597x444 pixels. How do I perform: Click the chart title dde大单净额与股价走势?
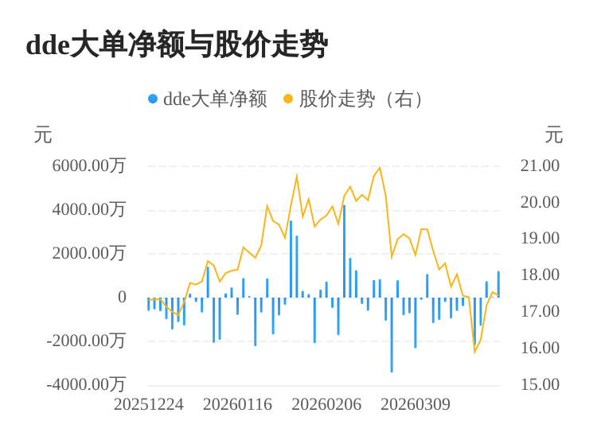(177, 45)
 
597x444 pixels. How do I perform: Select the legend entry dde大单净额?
(215, 99)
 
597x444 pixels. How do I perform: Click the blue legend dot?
(153, 99)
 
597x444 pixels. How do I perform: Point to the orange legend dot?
(288, 99)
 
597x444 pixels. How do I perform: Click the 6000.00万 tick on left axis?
(89, 166)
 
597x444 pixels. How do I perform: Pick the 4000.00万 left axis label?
(89, 210)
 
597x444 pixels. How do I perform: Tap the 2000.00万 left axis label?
(89, 254)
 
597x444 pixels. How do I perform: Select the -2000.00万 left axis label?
(86, 341)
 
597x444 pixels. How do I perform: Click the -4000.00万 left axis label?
(86, 385)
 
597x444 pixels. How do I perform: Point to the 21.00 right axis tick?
(540, 166)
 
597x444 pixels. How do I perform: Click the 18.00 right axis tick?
(540, 275)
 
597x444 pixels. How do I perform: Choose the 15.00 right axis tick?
(540, 385)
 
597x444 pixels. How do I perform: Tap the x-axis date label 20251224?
(149, 405)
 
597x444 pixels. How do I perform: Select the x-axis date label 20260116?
(237, 405)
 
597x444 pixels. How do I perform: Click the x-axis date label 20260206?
(326, 405)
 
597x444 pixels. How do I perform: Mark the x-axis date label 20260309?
(416, 405)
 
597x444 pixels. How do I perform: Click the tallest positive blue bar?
(344, 251)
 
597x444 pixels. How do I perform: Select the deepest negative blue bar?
(392, 334)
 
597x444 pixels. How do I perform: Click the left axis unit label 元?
(43, 136)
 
